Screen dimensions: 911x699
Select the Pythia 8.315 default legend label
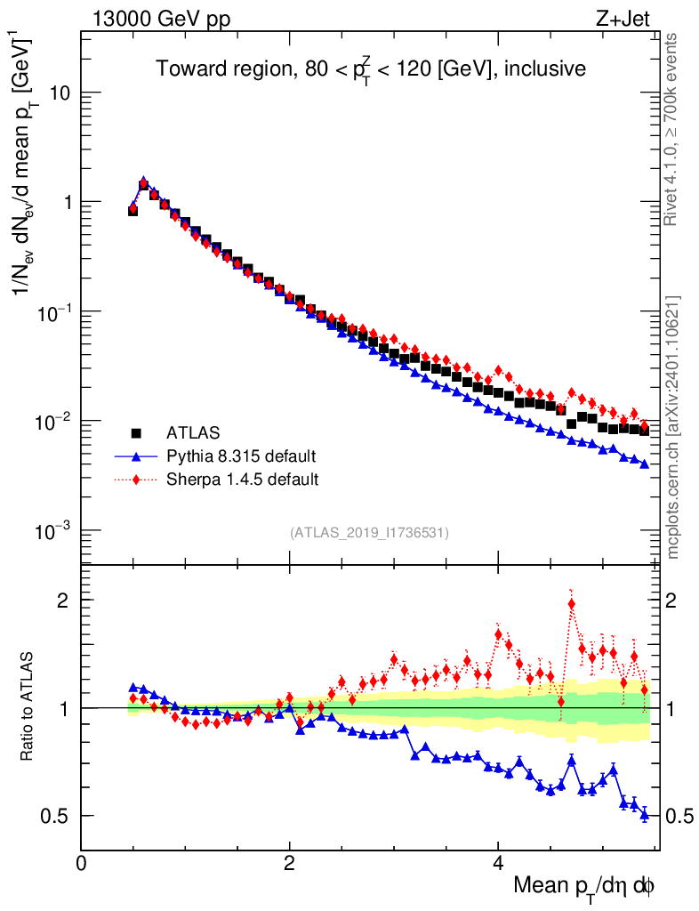tap(241, 456)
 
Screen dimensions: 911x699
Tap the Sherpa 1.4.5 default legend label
tap(242, 480)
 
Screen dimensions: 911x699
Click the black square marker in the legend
tap(137, 433)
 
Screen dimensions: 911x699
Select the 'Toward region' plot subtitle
tap(371, 69)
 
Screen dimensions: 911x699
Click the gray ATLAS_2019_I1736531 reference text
tap(369, 533)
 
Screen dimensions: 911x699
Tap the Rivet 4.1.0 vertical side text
tap(672, 129)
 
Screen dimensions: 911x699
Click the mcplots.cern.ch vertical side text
tap(672, 427)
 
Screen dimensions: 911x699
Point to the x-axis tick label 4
tap(498, 862)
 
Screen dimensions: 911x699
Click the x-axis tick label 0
tap(82, 862)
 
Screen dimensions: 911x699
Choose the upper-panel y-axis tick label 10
tap(59, 93)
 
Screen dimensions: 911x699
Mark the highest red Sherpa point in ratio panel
tap(571, 604)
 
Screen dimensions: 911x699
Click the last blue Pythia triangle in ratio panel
tap(644, 814)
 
